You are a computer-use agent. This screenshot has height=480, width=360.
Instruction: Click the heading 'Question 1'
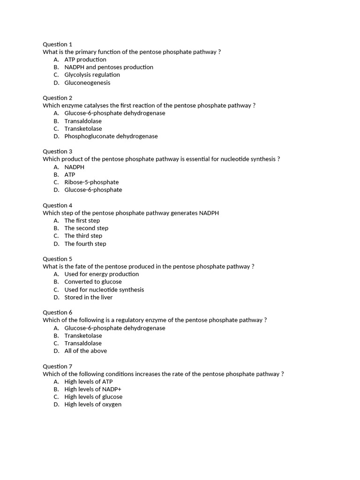(57, 44)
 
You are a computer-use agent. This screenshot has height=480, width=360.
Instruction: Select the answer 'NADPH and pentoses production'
(109, 67)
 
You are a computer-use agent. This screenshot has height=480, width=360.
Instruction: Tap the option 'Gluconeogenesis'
(87, 82)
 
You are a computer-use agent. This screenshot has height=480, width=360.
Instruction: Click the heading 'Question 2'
(57, 97)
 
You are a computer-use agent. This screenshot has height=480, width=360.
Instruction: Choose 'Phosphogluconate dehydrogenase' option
(111, 136)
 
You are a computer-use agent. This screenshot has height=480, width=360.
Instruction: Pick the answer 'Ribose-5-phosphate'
(91, 182)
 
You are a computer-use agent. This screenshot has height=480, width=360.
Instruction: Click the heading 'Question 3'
(57, 151)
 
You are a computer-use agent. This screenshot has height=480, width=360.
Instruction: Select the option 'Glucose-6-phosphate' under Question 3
(93, 190)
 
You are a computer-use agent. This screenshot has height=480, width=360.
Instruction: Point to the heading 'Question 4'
(57, 205)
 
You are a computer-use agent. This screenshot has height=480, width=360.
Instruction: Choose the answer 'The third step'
(83, 236)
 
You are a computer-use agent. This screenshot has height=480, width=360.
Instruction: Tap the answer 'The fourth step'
(85, 244)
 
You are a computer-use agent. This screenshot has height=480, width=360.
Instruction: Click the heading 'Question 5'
(57, 259)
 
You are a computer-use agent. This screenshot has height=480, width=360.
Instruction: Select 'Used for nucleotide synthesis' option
(104, 290)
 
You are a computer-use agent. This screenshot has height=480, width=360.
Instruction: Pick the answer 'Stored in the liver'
(89, 297)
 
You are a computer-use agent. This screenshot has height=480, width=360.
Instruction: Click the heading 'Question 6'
(57, 312)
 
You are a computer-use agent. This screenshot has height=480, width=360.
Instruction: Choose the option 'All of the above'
(85, 351)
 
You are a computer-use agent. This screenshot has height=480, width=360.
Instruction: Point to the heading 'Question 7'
(57, 366)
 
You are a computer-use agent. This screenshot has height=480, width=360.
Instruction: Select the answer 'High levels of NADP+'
(93, 389)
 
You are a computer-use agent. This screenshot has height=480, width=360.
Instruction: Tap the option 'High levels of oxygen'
(93, 405)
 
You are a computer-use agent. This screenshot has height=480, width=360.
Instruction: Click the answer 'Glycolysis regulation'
(92, 75)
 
